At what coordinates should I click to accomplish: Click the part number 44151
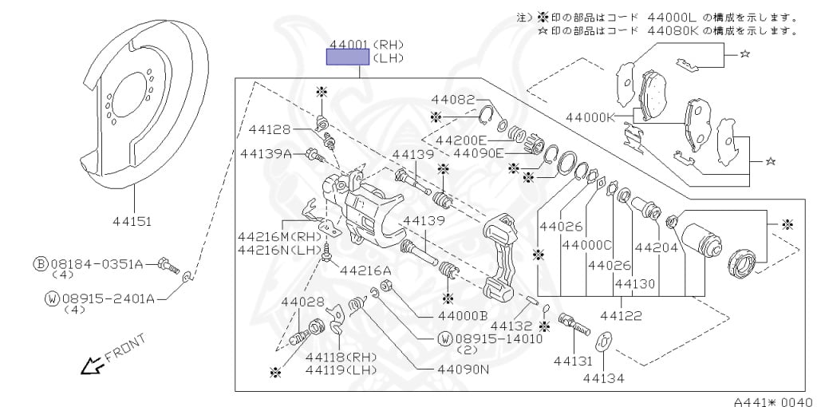133,221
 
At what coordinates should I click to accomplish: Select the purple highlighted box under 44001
346,56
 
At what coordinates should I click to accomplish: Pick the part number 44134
603,378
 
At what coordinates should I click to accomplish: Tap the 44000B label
462,315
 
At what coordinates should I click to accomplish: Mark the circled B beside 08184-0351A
40,263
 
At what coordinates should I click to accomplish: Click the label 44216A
365,271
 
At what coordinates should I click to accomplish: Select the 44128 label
269,129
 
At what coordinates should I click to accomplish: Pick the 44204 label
657,247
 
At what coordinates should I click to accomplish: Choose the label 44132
511,326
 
